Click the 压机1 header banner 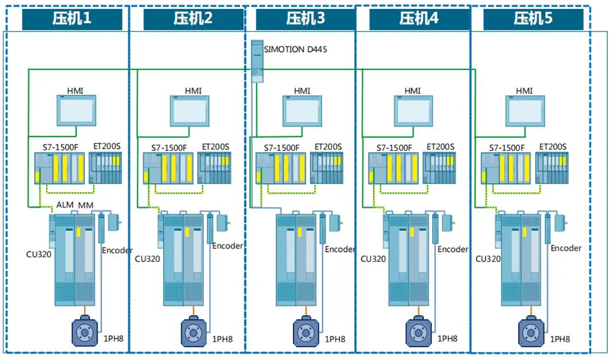pos(72,19)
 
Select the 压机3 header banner pos(305,19)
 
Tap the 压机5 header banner pos(533,19)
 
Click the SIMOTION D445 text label pos(296,49)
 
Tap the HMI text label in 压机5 pos(524,91)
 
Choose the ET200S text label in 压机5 pos(553,147)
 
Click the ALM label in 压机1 pos(65,205)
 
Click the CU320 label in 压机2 pos(147,259)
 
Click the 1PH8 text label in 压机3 pos(335,339)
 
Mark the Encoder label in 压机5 pos(566,248)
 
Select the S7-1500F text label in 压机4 pos(394,148)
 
